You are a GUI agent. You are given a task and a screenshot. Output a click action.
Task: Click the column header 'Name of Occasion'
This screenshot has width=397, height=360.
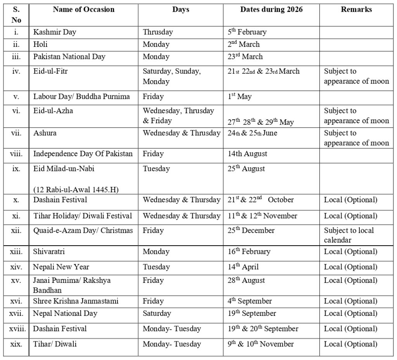point(83,10)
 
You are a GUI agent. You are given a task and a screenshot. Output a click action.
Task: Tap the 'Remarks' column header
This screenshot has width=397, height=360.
point(356,10)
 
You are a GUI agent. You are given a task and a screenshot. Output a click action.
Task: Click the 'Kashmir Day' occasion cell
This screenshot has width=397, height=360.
point(55,32)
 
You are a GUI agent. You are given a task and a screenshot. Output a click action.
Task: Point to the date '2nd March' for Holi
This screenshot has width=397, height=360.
point(243,44)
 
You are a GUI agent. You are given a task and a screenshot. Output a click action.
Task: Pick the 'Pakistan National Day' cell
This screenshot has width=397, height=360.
point(69,57)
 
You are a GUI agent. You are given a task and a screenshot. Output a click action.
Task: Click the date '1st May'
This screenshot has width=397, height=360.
point(240,96)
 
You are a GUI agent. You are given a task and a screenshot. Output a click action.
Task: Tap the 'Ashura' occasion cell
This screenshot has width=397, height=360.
point(45,133)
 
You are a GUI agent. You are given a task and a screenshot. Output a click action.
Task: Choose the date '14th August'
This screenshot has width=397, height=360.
point(247,154)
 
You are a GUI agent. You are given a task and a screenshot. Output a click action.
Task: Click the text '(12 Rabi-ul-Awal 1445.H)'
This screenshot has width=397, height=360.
point(76,189)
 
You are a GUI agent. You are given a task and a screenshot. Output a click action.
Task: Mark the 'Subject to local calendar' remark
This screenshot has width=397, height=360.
point(349,235)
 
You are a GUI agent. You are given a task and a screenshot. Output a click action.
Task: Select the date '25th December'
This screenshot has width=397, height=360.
point(251,230)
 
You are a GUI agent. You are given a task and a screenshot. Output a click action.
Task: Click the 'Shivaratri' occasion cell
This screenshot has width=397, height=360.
point(49,251)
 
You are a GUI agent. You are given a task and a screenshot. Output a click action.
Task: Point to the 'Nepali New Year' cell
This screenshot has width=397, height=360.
point(61,267)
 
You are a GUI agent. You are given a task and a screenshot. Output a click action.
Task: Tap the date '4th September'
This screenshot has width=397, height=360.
point(250,301)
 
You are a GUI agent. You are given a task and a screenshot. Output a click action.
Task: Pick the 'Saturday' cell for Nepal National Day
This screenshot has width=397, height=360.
point(157,313)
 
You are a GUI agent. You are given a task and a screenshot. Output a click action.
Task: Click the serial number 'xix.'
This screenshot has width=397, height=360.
point(16,344)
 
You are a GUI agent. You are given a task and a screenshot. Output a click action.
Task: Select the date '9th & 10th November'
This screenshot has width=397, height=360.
point(261,344)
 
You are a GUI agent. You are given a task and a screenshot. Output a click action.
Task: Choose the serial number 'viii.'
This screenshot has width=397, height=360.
point(16,154)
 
